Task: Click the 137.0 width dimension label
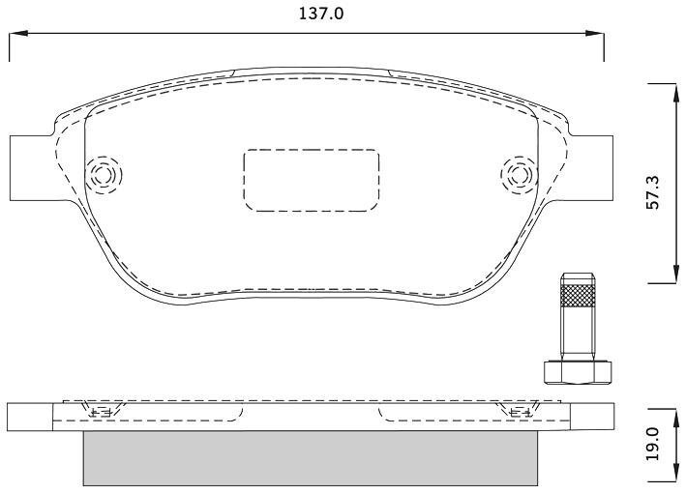(x=321, y=14)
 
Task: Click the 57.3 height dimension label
(x=653, y=192)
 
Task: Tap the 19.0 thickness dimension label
(x=653, y=444)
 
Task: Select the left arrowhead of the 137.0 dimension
(x=18, y=33)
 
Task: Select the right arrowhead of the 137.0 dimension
(x=594, y=33)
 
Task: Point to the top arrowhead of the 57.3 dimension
(x=674, y=93)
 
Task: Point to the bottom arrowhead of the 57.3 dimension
(x=674, y=274)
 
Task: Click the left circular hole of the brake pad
(x=104, y=175)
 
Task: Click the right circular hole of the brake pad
(x=520, y=175)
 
